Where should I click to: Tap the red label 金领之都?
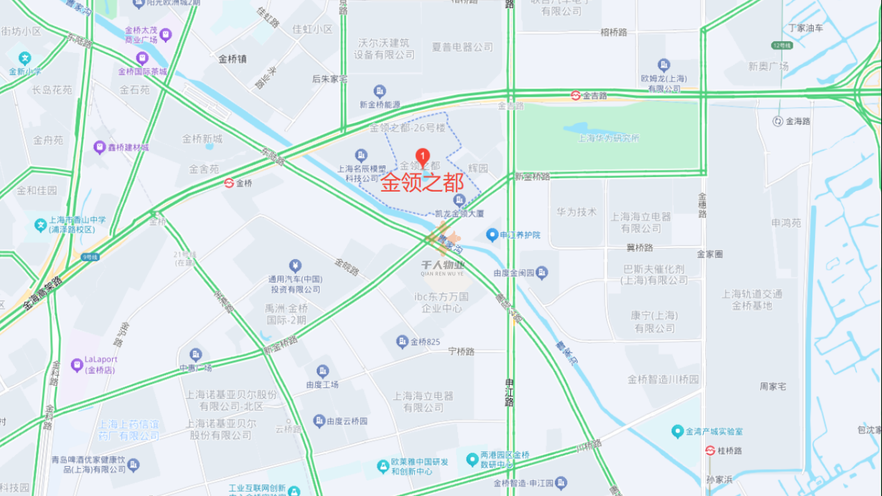pos(422,183)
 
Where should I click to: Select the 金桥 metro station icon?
pos(228,183)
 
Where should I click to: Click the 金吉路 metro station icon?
pos(576,95)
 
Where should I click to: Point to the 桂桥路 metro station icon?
pos(709,451)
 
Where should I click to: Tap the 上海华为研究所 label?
pos(608,138)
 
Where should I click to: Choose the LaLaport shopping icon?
pos(77,364)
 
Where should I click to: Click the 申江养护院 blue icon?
pos(492,235)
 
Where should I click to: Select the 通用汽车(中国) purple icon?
pos(295,265)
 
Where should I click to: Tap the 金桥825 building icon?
pos(402,341)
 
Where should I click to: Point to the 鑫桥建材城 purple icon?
pos(99,148)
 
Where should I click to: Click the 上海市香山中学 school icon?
pos(40,224)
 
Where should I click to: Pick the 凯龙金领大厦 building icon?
pos(459,201)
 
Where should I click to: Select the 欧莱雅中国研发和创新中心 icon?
pos(382,465)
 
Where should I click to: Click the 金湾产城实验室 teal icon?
pos(677,432)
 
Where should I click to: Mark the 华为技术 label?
pos(576,212)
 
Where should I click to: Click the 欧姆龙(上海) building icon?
pos(663,65)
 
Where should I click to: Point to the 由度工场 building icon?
pos(322,371)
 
